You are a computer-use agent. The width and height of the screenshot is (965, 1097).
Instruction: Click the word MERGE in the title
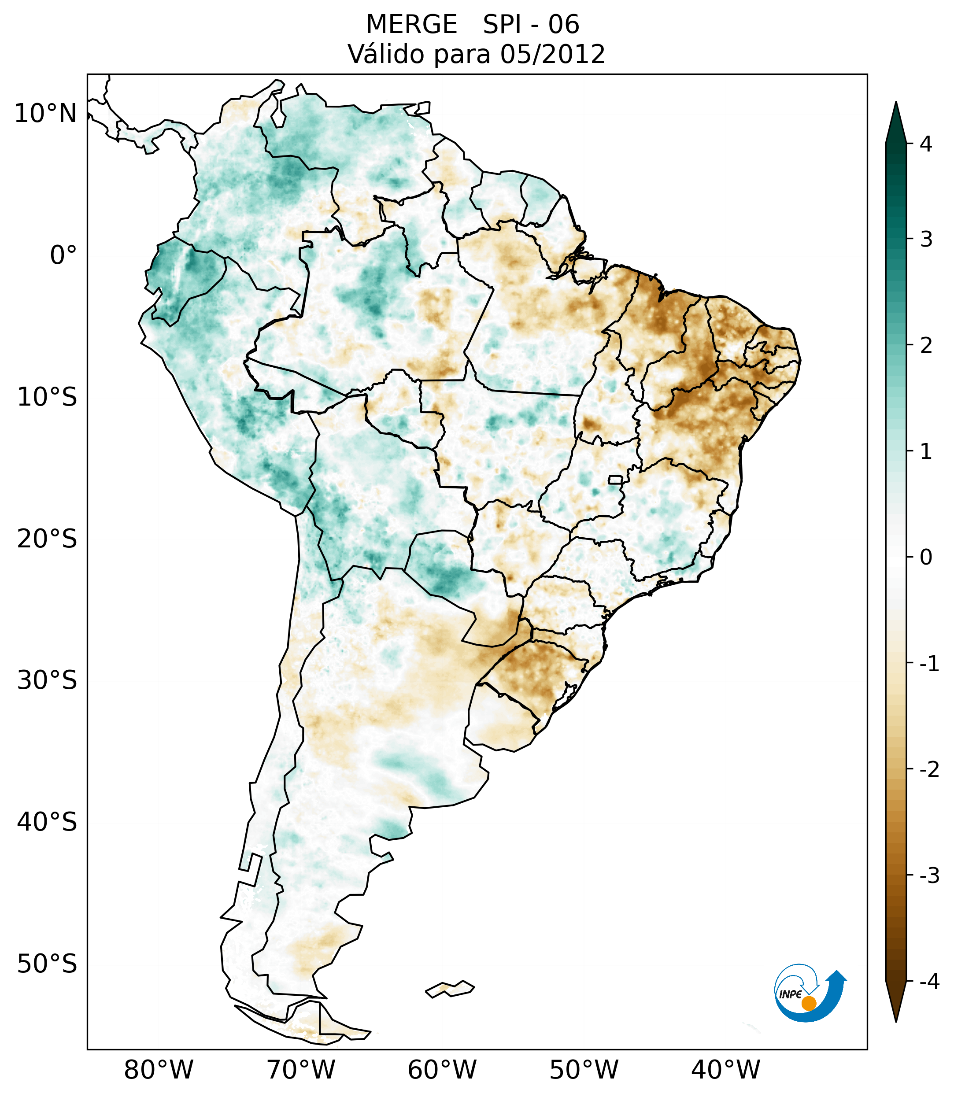point(411,25)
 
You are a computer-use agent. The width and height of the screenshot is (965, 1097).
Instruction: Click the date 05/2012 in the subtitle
point(552,54)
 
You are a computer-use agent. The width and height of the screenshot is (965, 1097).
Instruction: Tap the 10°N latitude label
point(46,114)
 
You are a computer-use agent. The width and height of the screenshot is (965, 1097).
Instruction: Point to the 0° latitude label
point(63,255)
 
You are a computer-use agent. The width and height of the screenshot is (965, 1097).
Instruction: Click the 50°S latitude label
point(47,964)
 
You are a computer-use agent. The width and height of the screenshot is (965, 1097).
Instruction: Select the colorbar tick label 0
point(926,558)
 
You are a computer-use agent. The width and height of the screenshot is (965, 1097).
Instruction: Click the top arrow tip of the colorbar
point(896,103)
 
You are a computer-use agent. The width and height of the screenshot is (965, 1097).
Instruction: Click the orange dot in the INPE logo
point(808,1003)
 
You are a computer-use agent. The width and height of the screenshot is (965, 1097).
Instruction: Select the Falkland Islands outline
point(450,989)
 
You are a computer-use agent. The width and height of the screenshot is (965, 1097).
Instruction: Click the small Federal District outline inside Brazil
point(616,479)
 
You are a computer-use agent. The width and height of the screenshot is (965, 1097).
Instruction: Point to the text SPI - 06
point(531,25)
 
